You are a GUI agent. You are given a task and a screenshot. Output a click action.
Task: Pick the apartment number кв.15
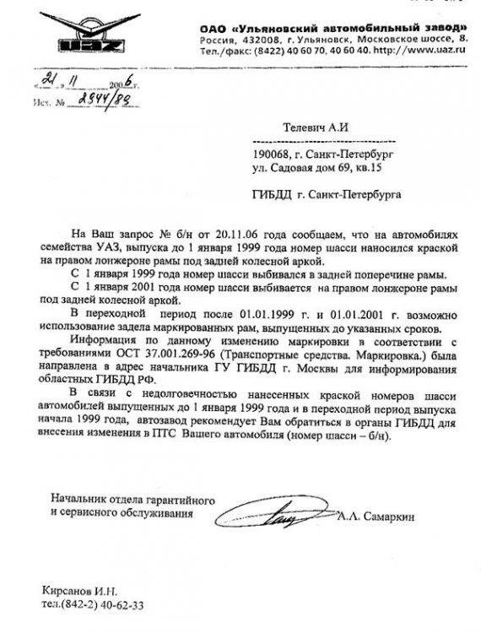380,168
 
